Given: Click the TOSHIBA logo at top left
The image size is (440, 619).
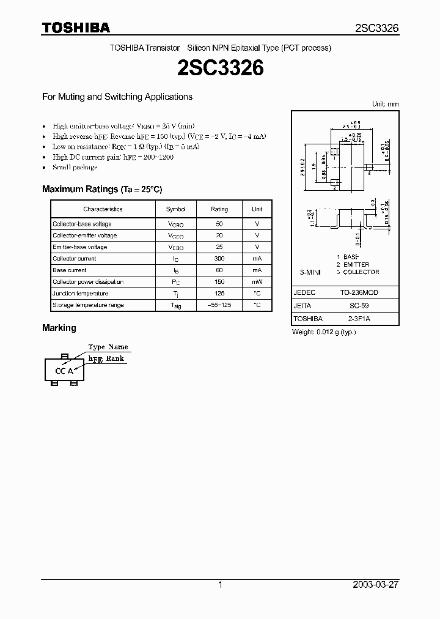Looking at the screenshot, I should point(76,28).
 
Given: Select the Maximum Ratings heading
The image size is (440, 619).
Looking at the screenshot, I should point(102,190).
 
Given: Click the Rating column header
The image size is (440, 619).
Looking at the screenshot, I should point(219,209).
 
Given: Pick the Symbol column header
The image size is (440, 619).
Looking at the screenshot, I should point(175,209).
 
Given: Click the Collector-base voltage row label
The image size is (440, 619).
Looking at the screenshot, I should point(82,224).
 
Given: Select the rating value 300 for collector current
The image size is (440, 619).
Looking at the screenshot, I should point(219,259).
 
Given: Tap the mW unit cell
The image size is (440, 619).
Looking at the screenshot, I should point(257,282).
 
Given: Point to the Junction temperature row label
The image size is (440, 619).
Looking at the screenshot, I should point(80,294).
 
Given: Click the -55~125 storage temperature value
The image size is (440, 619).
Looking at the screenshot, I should point(219,305).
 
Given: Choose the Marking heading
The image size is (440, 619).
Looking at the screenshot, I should point(59,328).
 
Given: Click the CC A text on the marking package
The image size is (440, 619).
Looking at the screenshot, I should point(64,371).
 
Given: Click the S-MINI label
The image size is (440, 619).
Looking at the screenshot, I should point(310,272).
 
